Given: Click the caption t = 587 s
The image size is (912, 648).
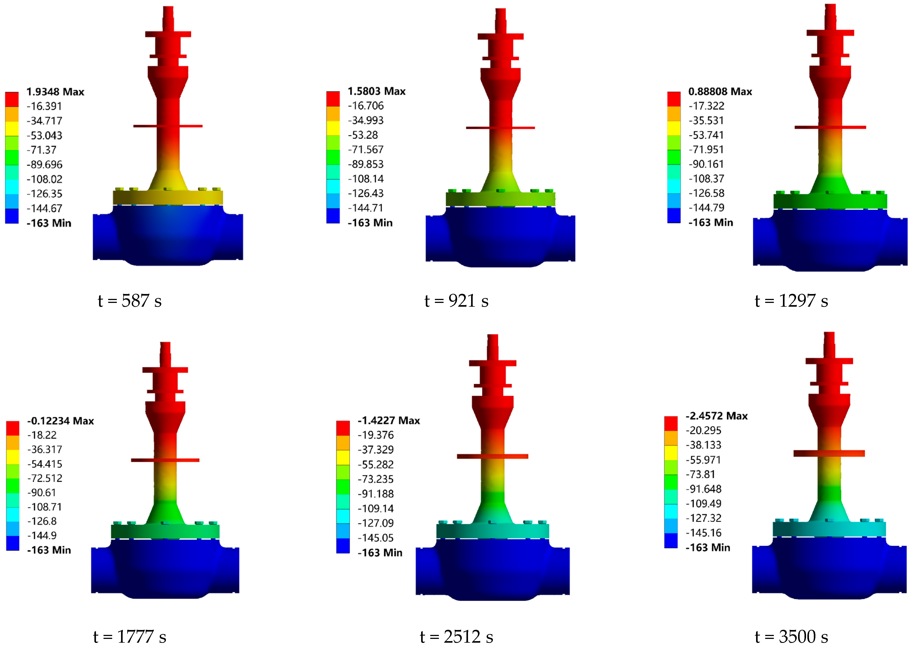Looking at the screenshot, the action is coord(130,301).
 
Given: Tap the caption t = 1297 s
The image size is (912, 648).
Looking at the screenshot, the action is coord(791,301).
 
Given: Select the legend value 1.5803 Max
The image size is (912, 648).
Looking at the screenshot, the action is coord(377,91).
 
